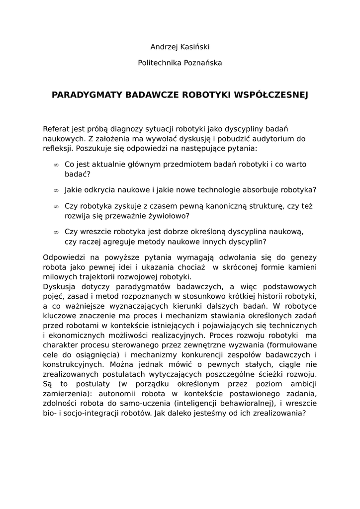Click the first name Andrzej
pyautogui.click(x=164, y=47)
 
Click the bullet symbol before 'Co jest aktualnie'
pyautogui.click(x=56, y=165)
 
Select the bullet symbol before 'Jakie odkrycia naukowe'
pyautogui.click(x=56, y=190)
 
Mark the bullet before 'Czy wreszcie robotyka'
pyautogui.click(x=56, y=232)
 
